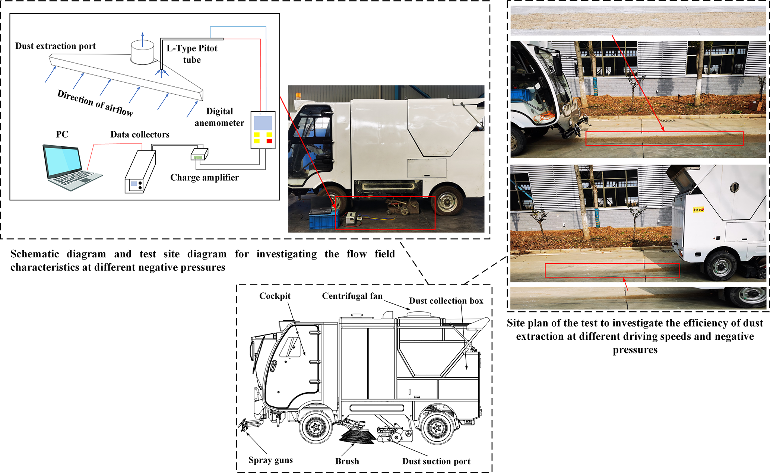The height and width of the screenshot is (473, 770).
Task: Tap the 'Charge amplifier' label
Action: pyautogui.click(x=205, y=178)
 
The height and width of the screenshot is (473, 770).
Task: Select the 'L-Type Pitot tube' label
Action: pyautogui.click(x=192, y=54)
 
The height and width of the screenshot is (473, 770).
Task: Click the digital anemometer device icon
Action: pyautogui.click(x=263, y=130)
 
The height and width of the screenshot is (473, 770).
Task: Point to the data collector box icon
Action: pyautogui.click(x=140, y=171)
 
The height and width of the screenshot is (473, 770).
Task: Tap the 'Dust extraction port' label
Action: pyautogui.click(x=56, y=46)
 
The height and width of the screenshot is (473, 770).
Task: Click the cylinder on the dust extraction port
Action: pyautogui.click(x=142, y=53)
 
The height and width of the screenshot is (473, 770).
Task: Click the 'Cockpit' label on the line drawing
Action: pyautogui.click(x=275, y=296)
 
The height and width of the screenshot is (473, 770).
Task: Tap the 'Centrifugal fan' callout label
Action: pyautogui.click(x=352, y=296)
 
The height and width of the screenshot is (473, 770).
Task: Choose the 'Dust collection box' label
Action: pyautogui.click(x=446, y=301)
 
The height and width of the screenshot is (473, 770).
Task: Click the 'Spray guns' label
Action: pyautogui.click(x=270, y=460)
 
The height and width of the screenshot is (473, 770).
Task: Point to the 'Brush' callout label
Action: pyautogui.click(x=347, y=461)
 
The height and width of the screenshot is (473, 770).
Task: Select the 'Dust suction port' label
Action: pyautogui.click(x=436, y=461)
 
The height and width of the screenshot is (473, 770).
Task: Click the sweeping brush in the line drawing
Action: pyautogui.click(x=357, y=436)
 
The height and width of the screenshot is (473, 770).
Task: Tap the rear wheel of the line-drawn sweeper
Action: pyautogui.click(x=437, y=427)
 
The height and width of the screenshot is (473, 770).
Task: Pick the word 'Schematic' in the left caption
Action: pyautogui.click(x=35, y=254)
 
